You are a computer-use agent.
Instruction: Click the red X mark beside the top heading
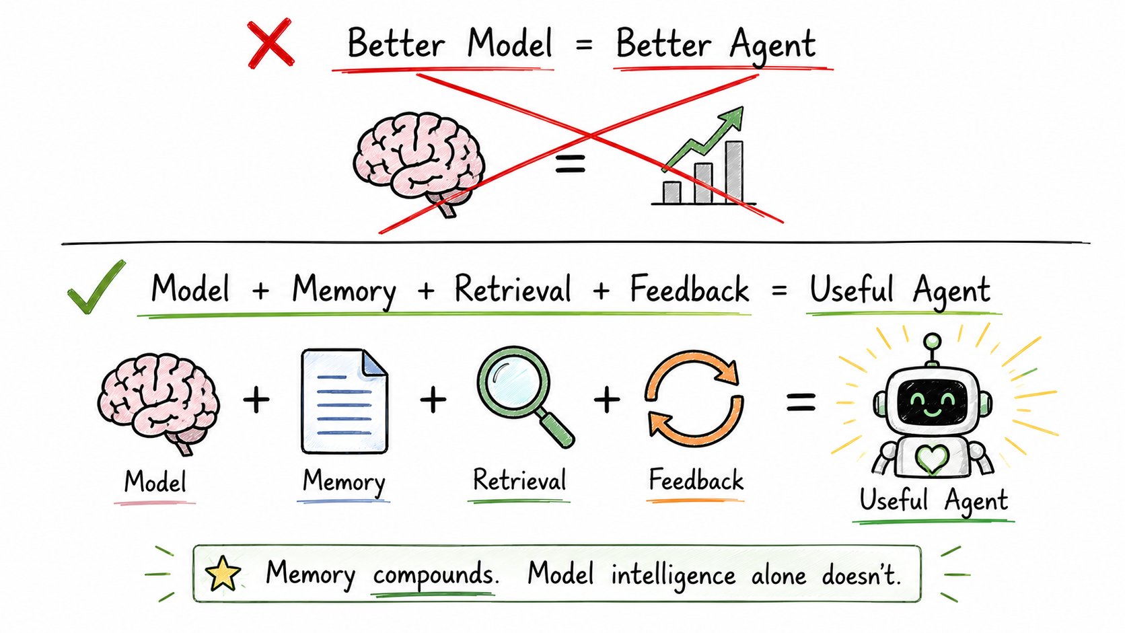click(x=270, y=43)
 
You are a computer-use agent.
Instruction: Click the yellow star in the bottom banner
click(x=223, y=574)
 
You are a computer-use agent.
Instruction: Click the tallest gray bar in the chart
click(x=734, y=172)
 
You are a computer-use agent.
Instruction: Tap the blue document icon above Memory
click(x=344, y=402)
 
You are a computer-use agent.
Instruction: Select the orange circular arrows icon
click(x=694, y=399)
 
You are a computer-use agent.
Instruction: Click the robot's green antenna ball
click(x=932, y=341)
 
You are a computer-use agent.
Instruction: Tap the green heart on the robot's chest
click(x=932, y=459)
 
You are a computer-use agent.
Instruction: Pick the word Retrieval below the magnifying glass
click(x=519, y=480)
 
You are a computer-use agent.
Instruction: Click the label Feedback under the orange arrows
click(x=696, y=480)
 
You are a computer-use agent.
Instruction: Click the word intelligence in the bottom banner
click(x=674, y=575)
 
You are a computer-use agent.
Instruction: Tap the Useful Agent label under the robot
click(x=934, y=501)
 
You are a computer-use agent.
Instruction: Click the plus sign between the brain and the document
click(x=256, y=400)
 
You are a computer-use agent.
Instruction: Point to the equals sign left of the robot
click(x=801, y=402)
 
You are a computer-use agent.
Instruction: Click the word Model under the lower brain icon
click(x=155, y=482)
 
